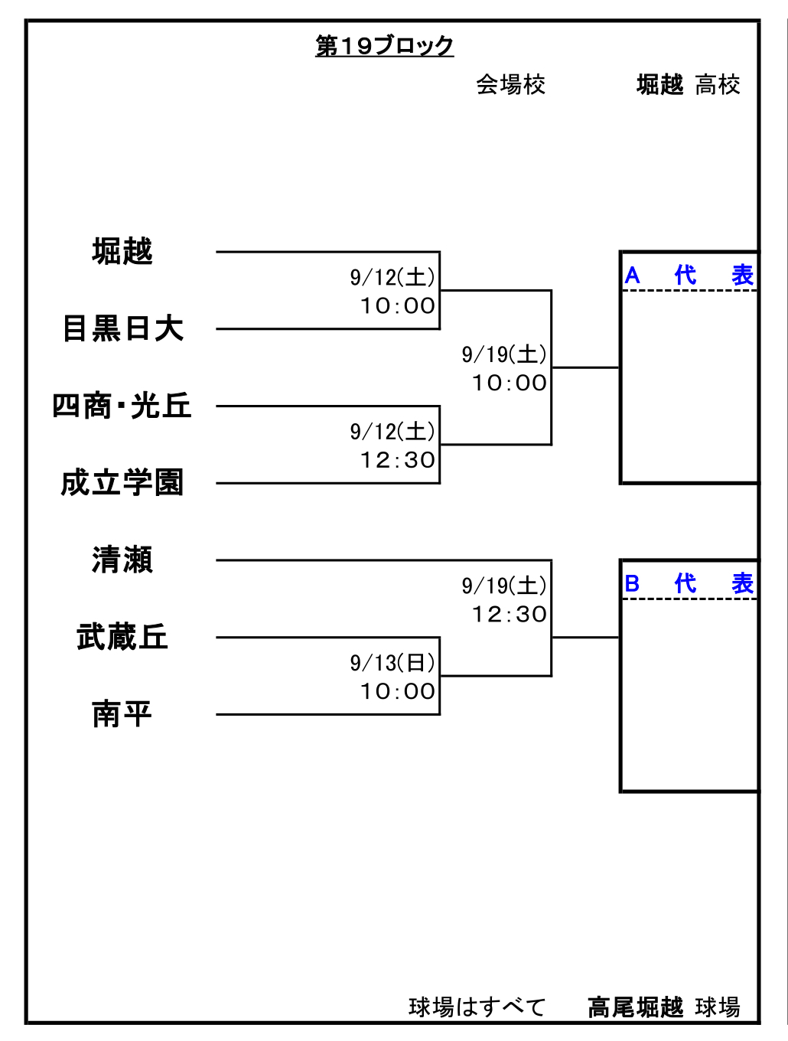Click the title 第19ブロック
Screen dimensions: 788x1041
pos(384,46)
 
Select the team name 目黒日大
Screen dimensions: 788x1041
pos(122,328)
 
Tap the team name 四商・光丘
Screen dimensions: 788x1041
pos(122,406)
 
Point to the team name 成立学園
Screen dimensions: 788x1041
pos(122,482)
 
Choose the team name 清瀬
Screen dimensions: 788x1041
pos(122,560)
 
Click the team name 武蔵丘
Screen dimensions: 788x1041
pos(122,636)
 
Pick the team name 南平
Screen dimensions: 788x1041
pos(122,713)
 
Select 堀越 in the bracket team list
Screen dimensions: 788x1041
pos(122,251)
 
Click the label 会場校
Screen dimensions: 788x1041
pos(511,85)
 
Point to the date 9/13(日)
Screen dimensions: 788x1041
pos(392,663)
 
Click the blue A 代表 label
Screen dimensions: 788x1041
pos(689,275)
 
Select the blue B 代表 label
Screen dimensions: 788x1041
pos(689,583)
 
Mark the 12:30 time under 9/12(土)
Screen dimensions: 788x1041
pos(398,460)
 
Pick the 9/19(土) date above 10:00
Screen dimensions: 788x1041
pos(504,354)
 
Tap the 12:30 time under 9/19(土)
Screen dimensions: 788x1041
pos(510,614)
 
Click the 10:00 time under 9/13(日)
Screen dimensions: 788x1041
pos(398,691)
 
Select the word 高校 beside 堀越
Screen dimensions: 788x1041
pos(718,85)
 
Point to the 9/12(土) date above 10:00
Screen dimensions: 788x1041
pos(392,277)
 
